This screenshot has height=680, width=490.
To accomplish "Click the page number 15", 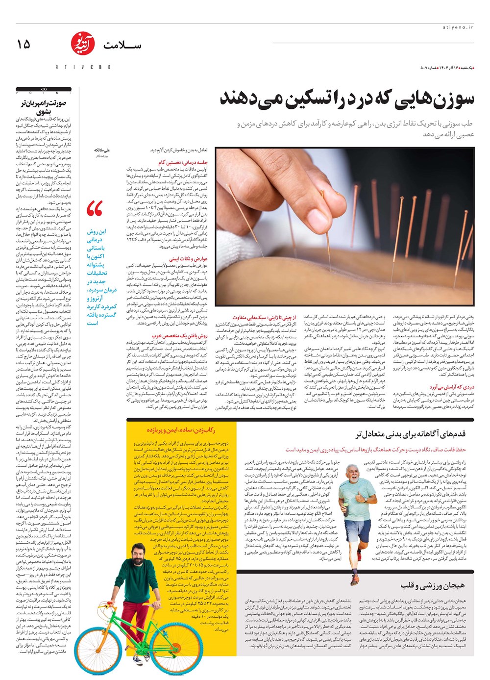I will [23, 44].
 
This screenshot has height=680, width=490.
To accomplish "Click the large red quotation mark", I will [95, 209].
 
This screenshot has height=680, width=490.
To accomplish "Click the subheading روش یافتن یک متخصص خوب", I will [180, 336].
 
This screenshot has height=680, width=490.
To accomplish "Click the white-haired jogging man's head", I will [351, 472].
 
